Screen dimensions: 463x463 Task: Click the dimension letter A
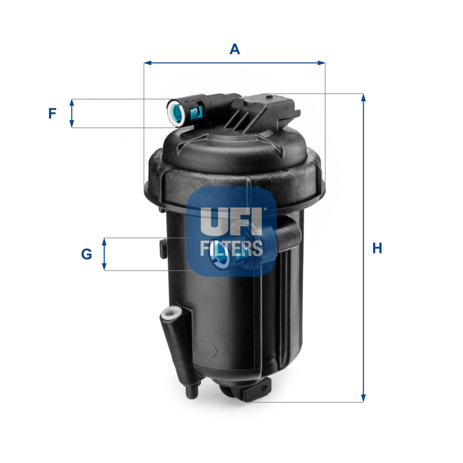click(x=235, y=49)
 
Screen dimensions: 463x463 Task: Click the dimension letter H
click(x=377, y=248)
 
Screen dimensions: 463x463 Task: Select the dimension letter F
click(x=52, y=114)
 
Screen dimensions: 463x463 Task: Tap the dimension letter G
click(x=87, y=254)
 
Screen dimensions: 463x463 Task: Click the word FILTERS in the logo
click(x=231, y=248)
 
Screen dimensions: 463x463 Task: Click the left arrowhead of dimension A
click(x=147, y=63)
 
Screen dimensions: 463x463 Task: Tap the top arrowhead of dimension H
click(x=363, y=98)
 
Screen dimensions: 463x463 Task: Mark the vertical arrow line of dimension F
click(x=72, y=113)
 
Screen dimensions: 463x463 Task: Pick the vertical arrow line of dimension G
click(x=104, y=254)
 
